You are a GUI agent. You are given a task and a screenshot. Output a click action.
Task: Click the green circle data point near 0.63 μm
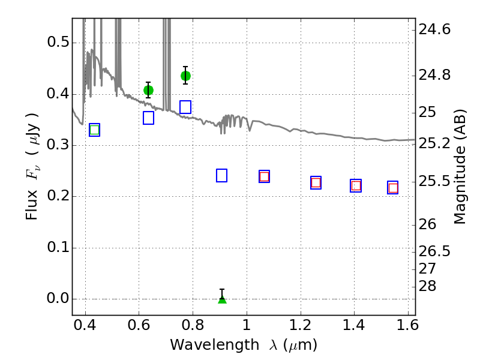(x=148, y=91)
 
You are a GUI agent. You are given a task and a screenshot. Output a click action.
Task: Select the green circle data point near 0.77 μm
(x=185, y=76)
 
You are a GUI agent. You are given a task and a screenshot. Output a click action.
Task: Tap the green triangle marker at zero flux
(x=222, y=299)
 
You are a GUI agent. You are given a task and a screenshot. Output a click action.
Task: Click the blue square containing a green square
(x=95, y=130)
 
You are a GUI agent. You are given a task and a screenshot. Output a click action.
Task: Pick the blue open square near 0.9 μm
(x=221, y=175)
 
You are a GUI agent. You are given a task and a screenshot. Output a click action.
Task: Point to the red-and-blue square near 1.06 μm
(x=264, y=176)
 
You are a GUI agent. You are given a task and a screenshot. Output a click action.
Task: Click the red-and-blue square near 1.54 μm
(x=393, y=188)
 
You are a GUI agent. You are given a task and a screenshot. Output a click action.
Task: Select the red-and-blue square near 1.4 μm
(x=356, y=186)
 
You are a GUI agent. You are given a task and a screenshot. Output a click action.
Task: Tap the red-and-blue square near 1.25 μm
(x=316, y=183)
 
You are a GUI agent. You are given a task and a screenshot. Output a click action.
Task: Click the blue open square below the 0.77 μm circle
(x=185, y=107)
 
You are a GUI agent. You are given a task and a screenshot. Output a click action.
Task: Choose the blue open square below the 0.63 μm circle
(x=148, y=118)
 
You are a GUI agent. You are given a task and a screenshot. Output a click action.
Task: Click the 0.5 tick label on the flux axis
(x=58, y=42)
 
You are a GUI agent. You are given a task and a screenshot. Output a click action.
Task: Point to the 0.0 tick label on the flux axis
(x=58, y=298)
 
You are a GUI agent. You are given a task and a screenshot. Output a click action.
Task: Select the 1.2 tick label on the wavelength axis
(x=301, y=325)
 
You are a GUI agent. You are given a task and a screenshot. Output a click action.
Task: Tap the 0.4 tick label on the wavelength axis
(x=85, y=325)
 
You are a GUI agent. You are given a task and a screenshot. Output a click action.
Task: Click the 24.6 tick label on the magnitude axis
(x=434, y=29)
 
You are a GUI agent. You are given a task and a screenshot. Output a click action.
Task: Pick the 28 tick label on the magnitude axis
(x=427, y=286)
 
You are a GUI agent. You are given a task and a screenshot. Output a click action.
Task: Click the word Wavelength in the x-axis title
(x=215, y=345)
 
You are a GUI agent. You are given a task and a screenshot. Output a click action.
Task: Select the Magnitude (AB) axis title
(x=460, y=167)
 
